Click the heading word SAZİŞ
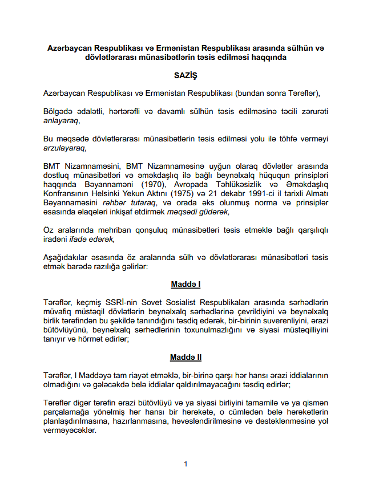coord(185,75)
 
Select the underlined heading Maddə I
coord(185,283)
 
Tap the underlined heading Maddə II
coord(185,358)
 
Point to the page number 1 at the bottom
coord(185,464)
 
